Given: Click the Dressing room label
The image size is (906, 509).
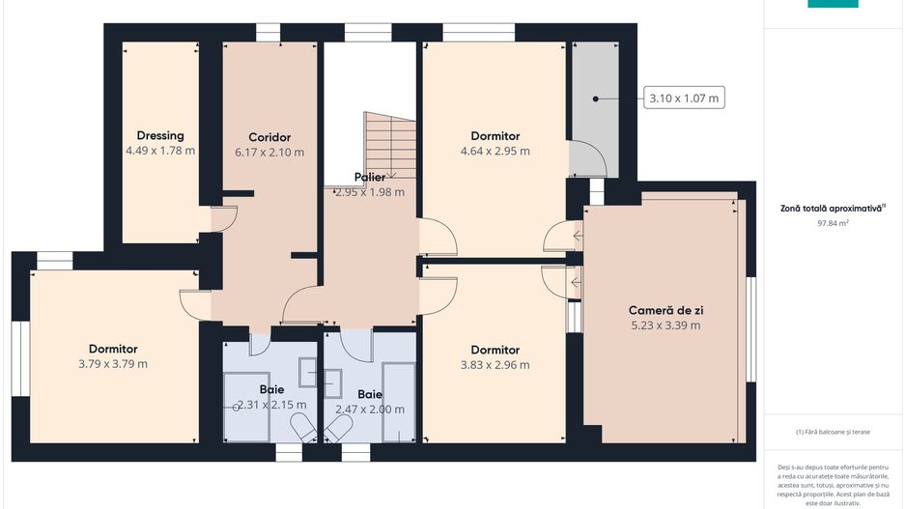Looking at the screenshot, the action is coord(160,136).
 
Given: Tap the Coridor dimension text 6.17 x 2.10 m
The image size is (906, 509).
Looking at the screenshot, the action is coord(269,153).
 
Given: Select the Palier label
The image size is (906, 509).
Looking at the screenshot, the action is coord(370,178).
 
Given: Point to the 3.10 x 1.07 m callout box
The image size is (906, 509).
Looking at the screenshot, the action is coord(684,99).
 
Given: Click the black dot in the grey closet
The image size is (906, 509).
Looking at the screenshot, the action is coord(595,99).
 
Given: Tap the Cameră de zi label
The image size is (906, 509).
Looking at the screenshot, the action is coord(665,310).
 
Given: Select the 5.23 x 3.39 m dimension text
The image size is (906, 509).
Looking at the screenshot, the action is coord(665,325).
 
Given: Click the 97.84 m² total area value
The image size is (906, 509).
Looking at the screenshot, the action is coord(833,223).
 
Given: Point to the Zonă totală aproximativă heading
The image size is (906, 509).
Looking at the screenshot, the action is coord(833,208).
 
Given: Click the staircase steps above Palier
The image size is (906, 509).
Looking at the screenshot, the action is coord(390,145).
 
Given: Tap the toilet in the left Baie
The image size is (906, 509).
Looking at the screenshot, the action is coord(302,427).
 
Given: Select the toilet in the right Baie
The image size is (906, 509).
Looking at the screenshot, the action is coord(338,429).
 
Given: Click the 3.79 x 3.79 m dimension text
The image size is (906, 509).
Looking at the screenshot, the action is coord(113,364).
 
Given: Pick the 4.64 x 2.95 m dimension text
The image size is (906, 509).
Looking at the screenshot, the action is coord(495,152).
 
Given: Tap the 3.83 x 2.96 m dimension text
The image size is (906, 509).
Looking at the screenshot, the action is coord(495,365).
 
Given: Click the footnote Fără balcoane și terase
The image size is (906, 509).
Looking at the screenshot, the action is coord(833,432).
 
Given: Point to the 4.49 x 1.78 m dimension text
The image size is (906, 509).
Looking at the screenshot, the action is coord(160,151).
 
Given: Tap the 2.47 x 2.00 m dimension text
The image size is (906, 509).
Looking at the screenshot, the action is coord(370,410).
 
